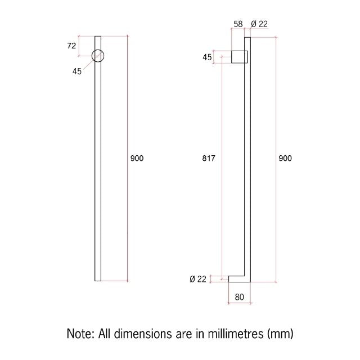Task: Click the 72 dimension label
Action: coord(71,46)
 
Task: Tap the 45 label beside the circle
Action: coord(76,71)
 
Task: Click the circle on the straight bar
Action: coord(98,55)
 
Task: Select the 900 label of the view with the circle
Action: coord(137,159)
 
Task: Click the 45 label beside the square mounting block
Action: coord(207,57)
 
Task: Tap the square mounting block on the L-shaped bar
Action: coord(240,57)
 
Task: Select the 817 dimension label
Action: coord(209,159)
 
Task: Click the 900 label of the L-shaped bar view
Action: coord(285,159)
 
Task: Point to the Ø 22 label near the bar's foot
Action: coord(198,280)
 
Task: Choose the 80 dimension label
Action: coord(239,298)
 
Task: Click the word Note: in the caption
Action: coord(81,334)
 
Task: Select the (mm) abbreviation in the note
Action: coord(280,334)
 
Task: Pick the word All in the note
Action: coord(105,334)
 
